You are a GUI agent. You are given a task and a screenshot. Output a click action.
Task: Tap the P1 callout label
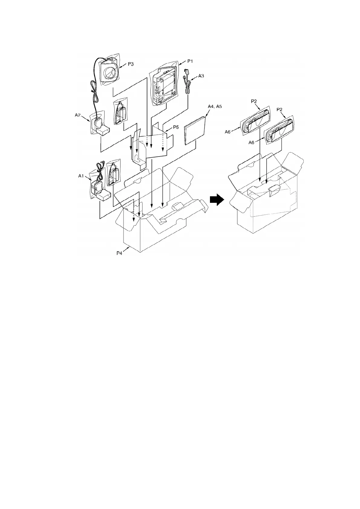[190, 61]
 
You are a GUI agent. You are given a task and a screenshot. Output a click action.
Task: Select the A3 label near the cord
[201, 76]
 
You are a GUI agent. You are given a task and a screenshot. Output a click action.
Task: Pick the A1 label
[81, 176]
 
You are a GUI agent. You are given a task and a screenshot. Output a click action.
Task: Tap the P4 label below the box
[120, 253]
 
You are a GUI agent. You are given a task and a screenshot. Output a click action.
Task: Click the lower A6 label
[251, 142]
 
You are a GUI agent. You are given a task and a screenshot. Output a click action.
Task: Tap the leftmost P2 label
[254, 102]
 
